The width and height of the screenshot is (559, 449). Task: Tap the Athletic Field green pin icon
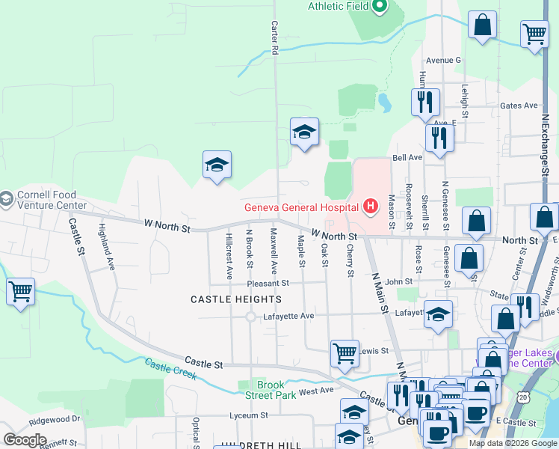click(379, 7)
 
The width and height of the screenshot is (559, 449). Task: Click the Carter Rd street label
click(274, 37)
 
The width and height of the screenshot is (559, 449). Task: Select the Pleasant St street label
click(270, 284)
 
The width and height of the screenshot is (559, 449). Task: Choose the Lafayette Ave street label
click(289, 317)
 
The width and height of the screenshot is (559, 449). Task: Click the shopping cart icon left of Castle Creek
click(20, 290)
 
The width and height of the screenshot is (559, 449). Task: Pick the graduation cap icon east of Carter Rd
click(304, 132)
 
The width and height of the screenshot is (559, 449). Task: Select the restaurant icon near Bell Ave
click(439, 137)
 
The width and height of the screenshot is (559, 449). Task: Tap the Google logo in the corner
click(25, 440)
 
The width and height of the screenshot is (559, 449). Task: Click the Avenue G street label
click(444, 60)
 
